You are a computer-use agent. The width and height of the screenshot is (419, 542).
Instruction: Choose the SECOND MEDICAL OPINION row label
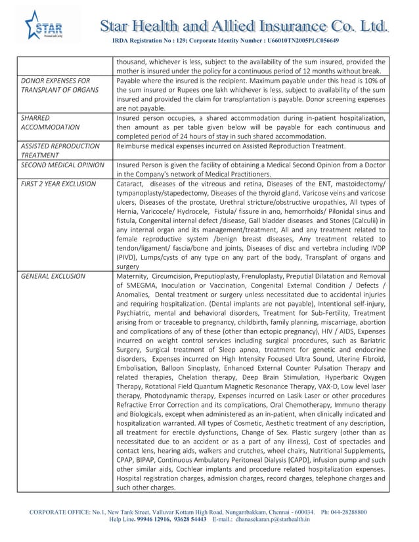[x=62, y=165]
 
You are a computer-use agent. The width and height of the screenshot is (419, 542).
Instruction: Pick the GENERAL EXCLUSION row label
[x=53, y=277]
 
